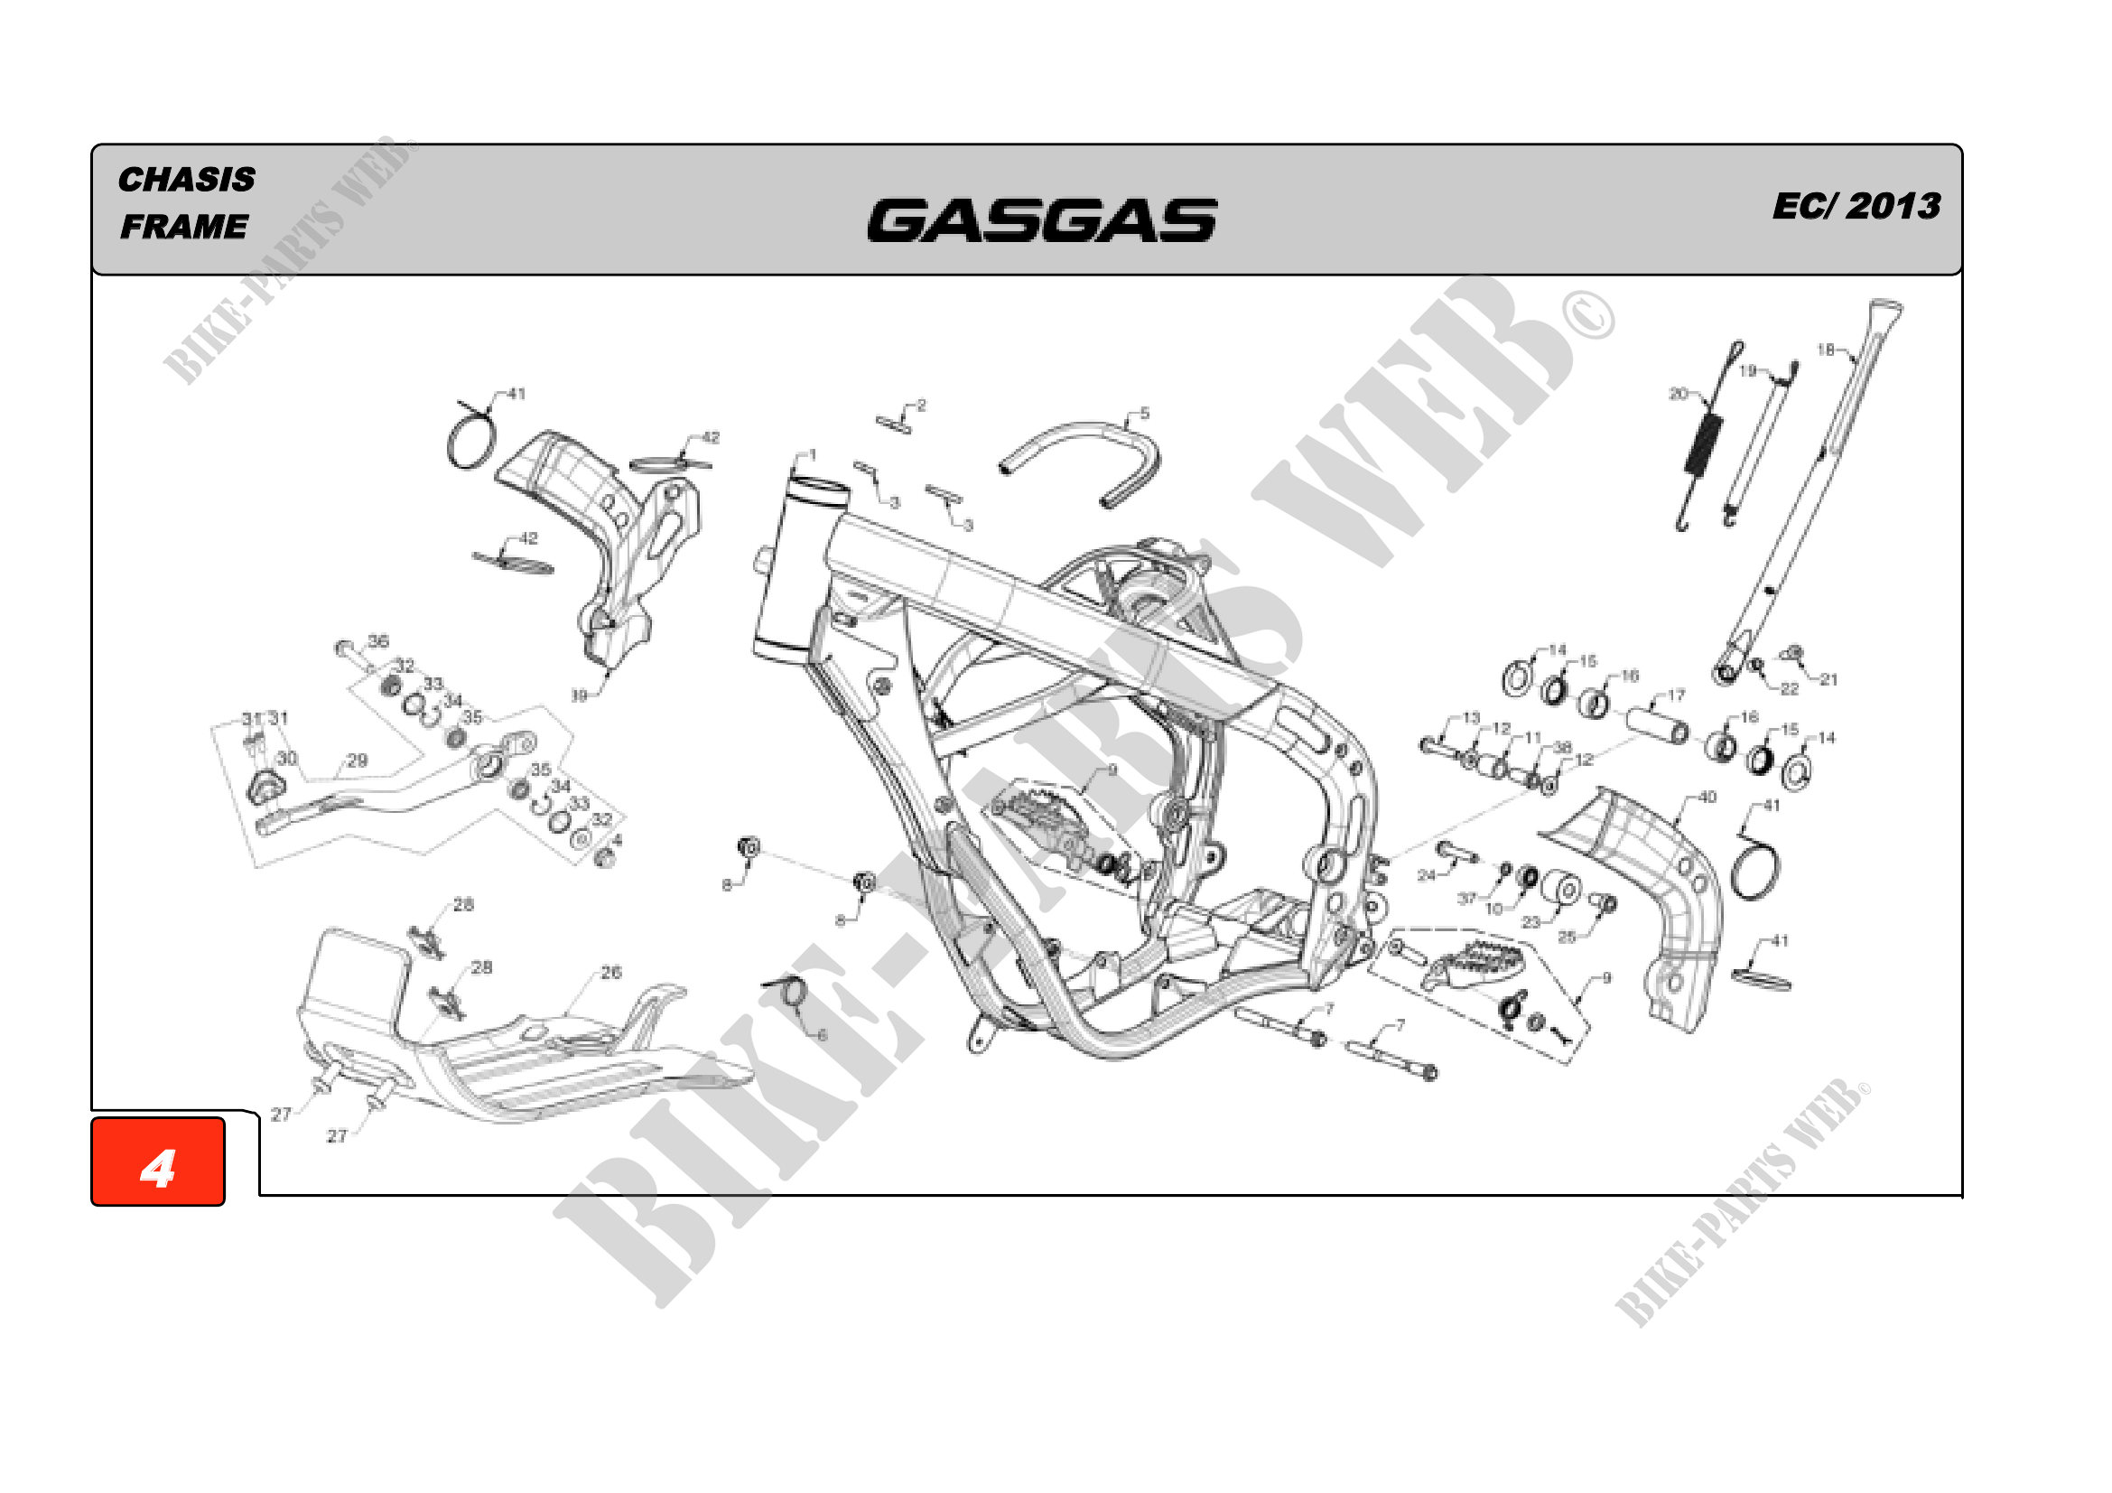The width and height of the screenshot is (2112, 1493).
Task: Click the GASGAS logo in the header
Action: tap(1041, 219)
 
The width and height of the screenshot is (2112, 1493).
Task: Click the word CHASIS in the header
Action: tap(187, 180)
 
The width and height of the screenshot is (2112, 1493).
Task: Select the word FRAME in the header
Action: tap(184, 227)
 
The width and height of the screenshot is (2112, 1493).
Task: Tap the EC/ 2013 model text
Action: tap(1856, 206)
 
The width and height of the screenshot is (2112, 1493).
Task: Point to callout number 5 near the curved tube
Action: tap(1144, 414)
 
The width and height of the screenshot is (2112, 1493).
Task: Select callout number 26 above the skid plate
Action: tap(611, 973)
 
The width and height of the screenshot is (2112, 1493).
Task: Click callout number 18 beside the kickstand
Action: tap(1826, 350)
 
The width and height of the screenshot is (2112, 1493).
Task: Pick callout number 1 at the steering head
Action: tap(813, 454)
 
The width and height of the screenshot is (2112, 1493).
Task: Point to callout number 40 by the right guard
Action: tap(1707, 797)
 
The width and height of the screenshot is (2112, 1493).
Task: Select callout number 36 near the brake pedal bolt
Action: tap(378, 640)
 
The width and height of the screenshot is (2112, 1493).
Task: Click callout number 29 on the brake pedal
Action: tap(357, 760)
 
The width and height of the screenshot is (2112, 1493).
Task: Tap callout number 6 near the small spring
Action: tap(823, 1036)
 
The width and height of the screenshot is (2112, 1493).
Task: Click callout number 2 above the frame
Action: tap(922, 406)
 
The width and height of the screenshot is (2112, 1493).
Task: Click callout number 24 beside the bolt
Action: tap(1426, 875)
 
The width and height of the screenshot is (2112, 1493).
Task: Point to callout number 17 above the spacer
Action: tap(1676, 695)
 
